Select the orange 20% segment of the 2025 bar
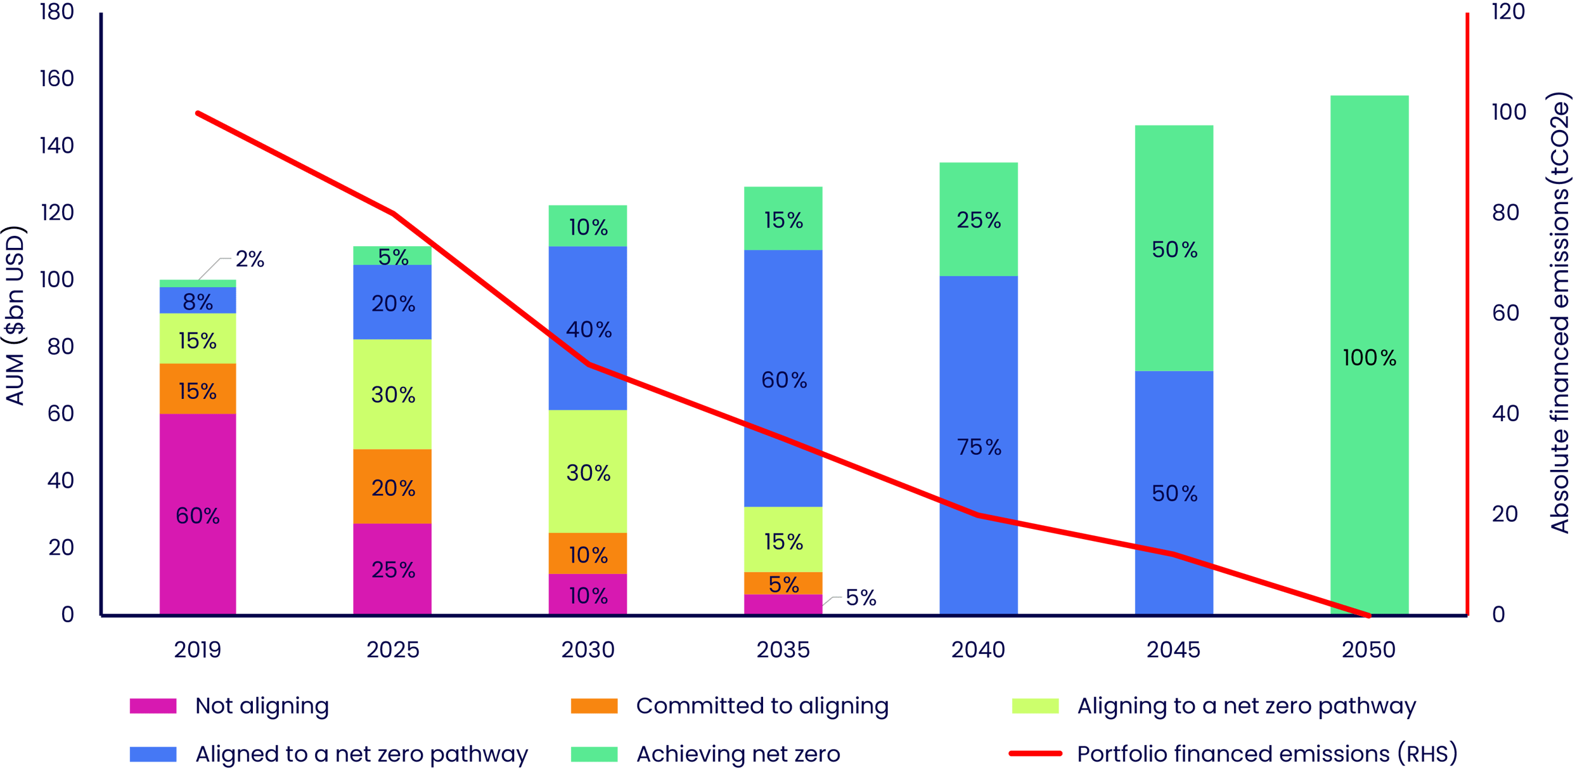(392, 486)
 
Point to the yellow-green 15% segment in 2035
(783, 540)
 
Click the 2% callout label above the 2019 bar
(250, 259)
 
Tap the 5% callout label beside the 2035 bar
(861, 597)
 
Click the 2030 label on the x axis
(588, 649)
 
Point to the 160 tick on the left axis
(57, 79)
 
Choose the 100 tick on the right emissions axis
(1508, 112)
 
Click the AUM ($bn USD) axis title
(15, 315)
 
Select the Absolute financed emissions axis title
(1560, 313)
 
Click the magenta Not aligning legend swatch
(153, 706)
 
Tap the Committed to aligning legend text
(762, 706)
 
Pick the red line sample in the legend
(1035, 753)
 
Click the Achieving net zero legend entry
(738, 754)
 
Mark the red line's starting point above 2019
(198, 114)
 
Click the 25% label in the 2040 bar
(979, 220)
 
